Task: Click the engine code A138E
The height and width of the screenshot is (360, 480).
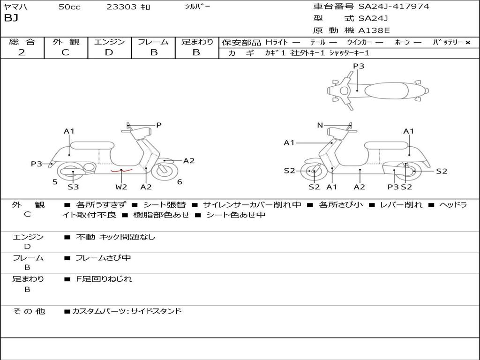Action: (x=374, y=31)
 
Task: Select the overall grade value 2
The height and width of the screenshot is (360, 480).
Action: (x=22, y=52)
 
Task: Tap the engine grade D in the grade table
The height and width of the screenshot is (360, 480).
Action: (x=109, y=52)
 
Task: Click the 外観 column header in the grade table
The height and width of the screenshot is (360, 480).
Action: (x=66, y=42)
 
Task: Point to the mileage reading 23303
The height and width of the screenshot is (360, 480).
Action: (x=121, y=7)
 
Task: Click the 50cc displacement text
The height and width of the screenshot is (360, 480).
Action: (x=69, y=7)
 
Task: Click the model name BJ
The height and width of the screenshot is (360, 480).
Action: (x=11, y=19)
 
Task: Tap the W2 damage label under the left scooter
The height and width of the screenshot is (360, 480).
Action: (x=121, y=187)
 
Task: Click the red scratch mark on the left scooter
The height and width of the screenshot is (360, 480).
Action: (x=121, y=171)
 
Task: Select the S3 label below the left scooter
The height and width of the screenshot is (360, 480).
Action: (x=73, y=187)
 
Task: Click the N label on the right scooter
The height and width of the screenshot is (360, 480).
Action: (x=320, y=125)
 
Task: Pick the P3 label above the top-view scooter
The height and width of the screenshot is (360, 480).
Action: (x=359, y=66)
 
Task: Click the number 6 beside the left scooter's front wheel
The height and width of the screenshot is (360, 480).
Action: (x=180, y=182)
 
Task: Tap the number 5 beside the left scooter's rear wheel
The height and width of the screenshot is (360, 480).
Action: (x=55, y=182)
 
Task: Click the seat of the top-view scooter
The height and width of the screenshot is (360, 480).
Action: (x=387, y=90)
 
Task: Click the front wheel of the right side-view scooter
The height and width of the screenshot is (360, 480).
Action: (x=313, y=172)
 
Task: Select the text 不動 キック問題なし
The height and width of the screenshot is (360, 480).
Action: (x=115, y=237)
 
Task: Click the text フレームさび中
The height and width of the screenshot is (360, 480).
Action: (x=103, y=258)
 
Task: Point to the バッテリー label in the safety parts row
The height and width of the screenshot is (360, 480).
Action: (x=448, y=42)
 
